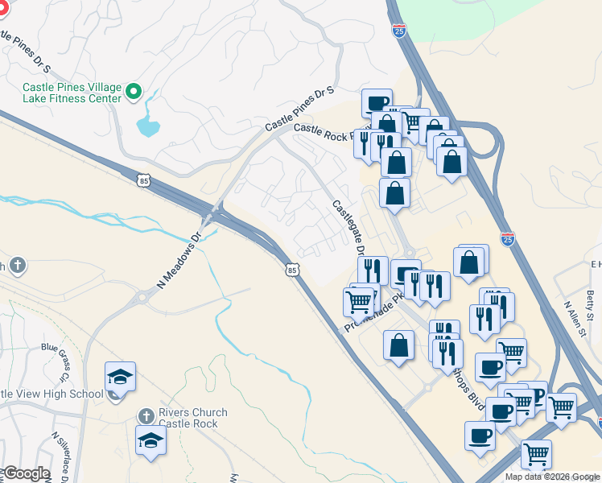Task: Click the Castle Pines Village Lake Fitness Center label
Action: click(x=71, y=92)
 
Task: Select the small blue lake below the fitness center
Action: click(x=147, y=125)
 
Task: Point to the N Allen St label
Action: click(x=575, y=321)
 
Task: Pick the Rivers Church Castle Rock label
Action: click(x=193, y=418)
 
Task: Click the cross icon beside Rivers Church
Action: click(x=146, y=415)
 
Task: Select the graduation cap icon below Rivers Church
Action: click(x=150, y=440)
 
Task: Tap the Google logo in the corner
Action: click(x=26, y=473)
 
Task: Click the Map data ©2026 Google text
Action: click(x=552, y=477)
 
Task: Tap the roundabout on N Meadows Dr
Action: click(x=143, y=299)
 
